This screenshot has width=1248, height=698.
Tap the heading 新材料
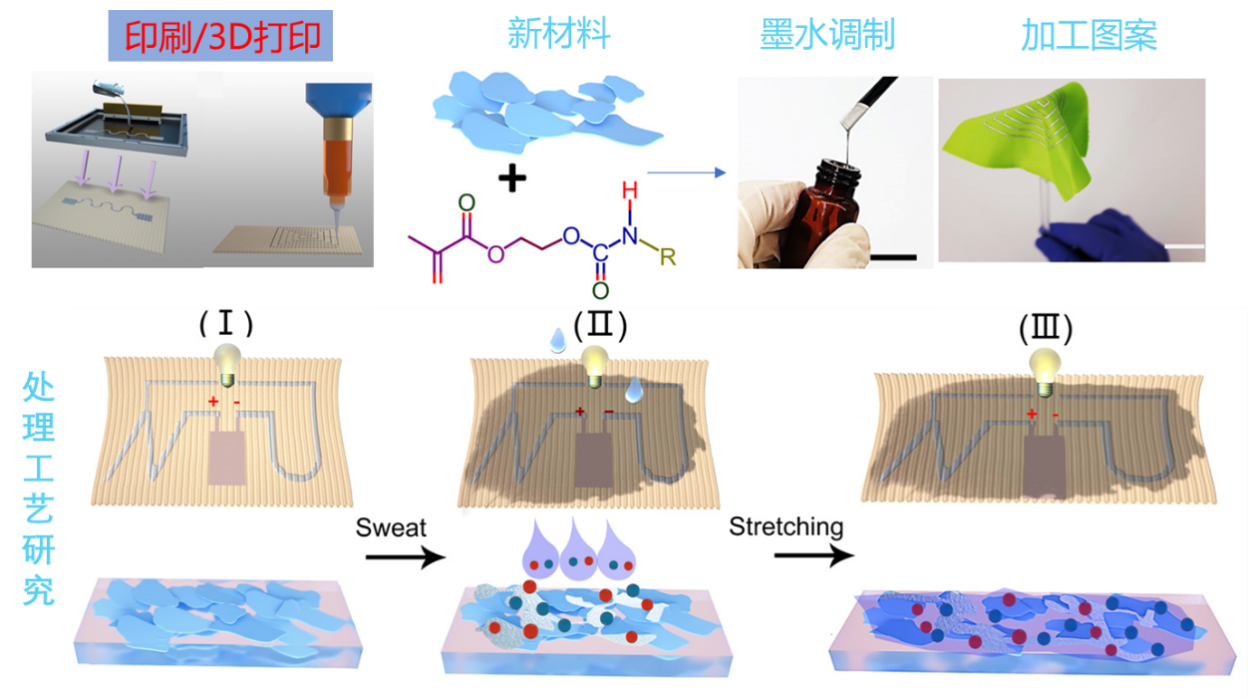click(558, 33)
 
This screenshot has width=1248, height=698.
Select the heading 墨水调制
click(822, 35)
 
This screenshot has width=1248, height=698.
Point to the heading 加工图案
click(1088, 35)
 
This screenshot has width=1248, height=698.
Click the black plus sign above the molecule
click(511, 180)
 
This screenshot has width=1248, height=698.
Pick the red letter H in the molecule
click(629, 190)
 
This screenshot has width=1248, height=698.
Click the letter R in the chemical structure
click(668, 258)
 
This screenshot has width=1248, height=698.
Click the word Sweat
click(391, 527)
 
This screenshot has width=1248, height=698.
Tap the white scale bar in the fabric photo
click(1184, 244)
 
